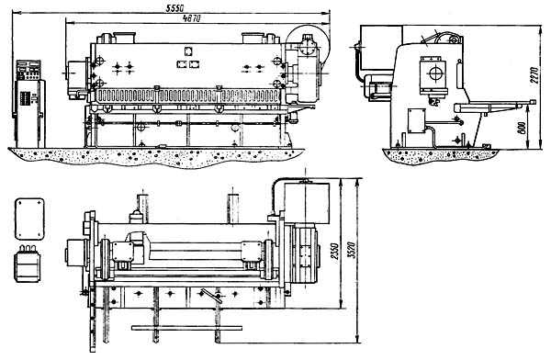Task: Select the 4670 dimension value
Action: point(192,17)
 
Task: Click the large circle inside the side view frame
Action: point(433,73)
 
